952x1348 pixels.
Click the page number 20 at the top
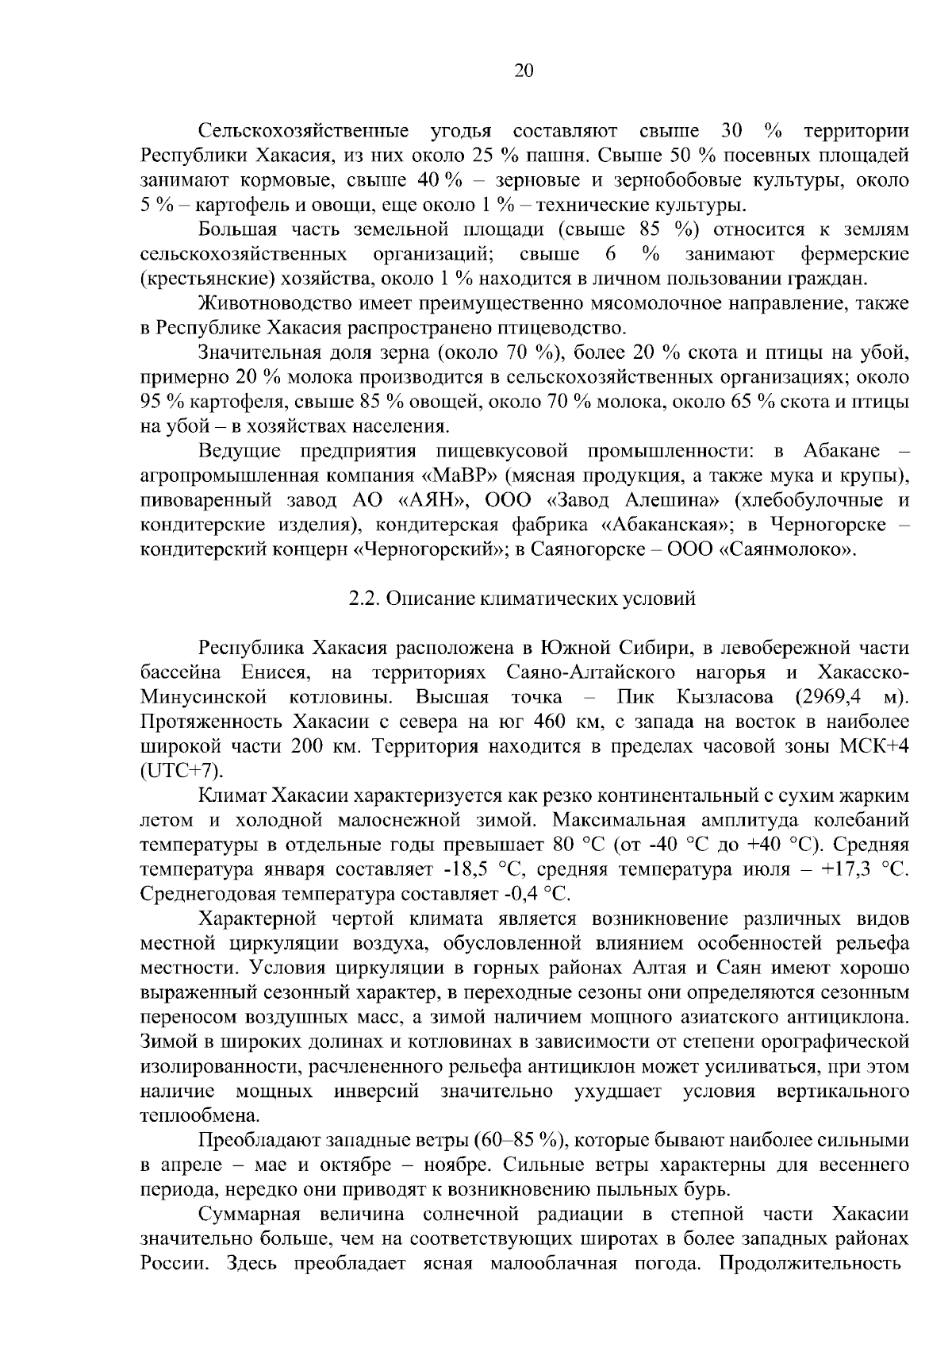pyautogui.click(x=524, y=71)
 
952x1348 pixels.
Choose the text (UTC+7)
pyautogui.click(x=182, y=771)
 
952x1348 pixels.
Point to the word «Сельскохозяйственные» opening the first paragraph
pyautogui.click(x=305, y=131)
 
